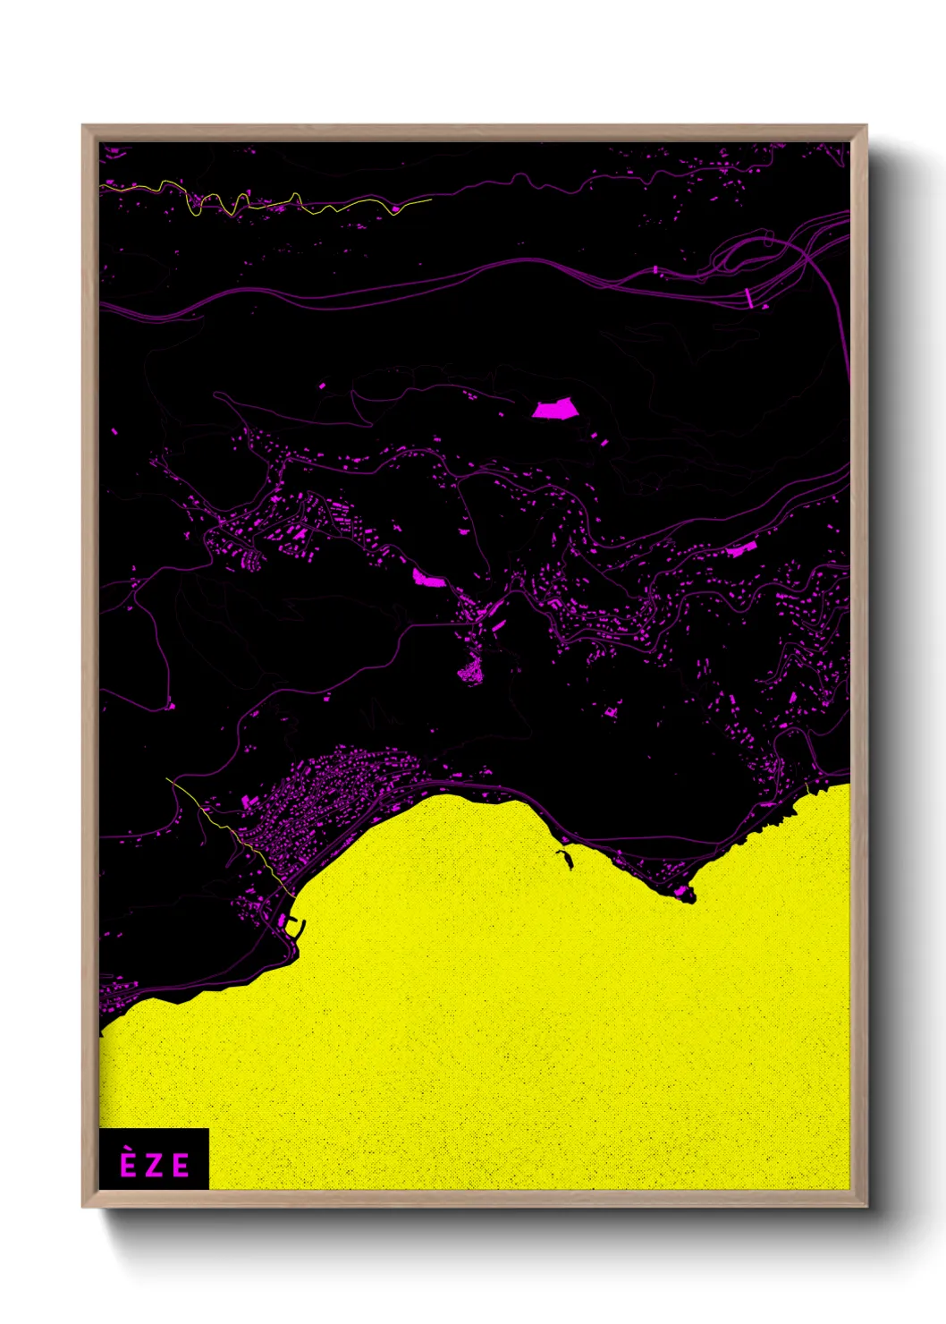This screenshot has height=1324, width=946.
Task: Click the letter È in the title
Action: [x=128, y=1164]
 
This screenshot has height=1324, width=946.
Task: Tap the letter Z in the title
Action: [x=155, y=1166]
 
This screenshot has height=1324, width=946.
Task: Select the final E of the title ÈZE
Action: [x=182, y=1166]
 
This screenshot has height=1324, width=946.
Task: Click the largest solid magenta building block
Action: [x=554, y=409]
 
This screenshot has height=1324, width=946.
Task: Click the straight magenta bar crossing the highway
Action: [x=749, y=298]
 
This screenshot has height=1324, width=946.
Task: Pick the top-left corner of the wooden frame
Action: [x=83, y=126]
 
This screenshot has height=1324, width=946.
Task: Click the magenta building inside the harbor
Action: [x=283, y=919]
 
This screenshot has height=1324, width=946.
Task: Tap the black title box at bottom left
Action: [x=154, y=1159]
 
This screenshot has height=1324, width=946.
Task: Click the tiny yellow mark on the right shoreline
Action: [x=807, y=787]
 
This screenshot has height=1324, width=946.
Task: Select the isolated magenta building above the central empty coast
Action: [x=611, y=712]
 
